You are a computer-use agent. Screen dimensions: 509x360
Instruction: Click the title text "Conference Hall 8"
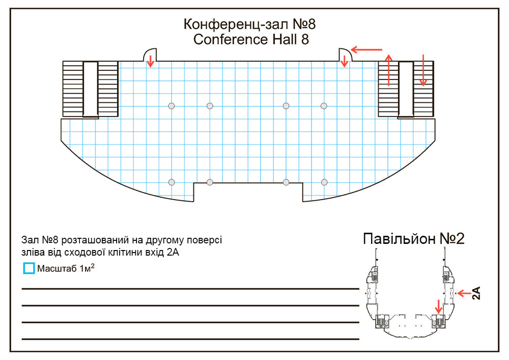pos(251,40)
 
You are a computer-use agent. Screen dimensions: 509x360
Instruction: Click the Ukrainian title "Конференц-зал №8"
pos(249,24)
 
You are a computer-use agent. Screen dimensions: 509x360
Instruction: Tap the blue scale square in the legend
pos(29,268)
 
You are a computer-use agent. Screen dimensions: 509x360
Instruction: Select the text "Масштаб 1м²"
pos(66,268)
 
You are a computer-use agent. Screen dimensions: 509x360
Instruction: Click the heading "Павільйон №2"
pos(413,239)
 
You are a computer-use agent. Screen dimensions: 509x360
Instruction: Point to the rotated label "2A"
pos(476,293)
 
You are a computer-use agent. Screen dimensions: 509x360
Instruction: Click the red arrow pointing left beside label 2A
pos(464,293)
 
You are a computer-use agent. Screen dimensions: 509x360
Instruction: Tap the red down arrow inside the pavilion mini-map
pos(439,307)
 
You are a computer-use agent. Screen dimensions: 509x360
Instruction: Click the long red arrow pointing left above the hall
pos(366,50)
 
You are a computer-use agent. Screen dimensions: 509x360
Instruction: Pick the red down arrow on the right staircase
pos(423,70)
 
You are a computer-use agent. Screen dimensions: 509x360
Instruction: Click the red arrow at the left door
pos(150,61)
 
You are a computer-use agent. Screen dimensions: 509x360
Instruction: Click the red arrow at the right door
pos(345,61)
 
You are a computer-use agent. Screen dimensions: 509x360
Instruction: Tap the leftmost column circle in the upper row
pos(172,106)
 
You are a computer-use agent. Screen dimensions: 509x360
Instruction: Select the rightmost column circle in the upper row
pos(324,106)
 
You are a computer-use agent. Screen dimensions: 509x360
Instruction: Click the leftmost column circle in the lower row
pos(172,182)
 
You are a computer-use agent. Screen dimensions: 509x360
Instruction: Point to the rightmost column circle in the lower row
pos(324,182)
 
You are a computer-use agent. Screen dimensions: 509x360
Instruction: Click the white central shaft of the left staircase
pos(90,89)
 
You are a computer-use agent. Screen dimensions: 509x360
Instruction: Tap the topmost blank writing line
pos(190,288)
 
